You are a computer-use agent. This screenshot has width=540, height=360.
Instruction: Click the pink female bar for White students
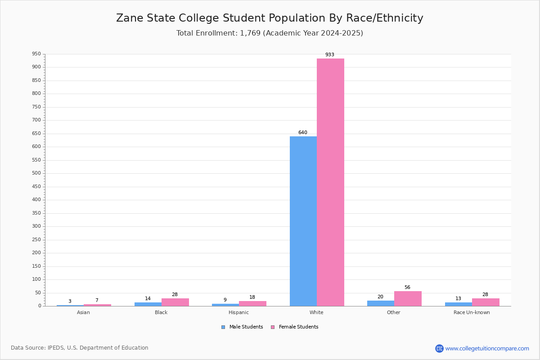pos(330,182)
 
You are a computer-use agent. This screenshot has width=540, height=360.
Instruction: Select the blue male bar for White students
pos(303,221)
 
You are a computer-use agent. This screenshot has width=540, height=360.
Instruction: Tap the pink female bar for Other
pos(408,298)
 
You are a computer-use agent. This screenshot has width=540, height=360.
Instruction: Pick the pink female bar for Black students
pos(175,302)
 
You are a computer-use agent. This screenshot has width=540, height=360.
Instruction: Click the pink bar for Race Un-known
pos(486,302)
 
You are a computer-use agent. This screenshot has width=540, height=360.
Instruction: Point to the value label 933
pos(330,55)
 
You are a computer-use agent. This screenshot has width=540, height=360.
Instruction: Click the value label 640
pos(302,133)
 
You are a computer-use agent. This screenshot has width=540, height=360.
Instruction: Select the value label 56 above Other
pos(407,288)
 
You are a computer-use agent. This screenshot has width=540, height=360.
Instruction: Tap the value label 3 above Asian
pos(70,301)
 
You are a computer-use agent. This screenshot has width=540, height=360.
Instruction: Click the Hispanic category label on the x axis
pos(238,312)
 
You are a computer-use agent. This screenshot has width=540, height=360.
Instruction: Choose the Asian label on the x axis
pos(83,312)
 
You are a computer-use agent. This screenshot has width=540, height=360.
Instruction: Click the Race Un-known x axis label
pos(472,312)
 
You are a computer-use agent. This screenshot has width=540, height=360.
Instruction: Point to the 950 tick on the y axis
pos(36,54)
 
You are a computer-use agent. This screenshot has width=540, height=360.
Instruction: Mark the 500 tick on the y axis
pos(36,173)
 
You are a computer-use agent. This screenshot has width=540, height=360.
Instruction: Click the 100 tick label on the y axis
pos(36,279)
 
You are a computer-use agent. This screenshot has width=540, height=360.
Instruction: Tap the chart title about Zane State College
pos(270,18)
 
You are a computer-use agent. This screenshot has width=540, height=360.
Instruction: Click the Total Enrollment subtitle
pos(270,33)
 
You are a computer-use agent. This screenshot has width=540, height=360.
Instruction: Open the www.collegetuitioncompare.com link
pos(487,348)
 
